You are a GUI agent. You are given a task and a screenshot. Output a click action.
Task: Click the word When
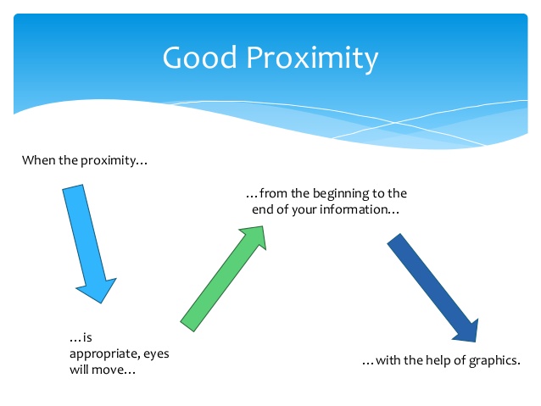click(38, 160)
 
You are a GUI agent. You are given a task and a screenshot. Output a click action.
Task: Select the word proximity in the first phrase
click(106, 160)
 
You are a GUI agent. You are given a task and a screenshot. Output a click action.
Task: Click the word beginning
click(332, 194)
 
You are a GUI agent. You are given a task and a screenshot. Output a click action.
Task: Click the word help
click(430, 361)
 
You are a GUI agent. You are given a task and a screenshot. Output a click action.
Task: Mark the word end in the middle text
click(262, 209)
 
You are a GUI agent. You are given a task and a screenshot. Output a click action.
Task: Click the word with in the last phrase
click(385, 361)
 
